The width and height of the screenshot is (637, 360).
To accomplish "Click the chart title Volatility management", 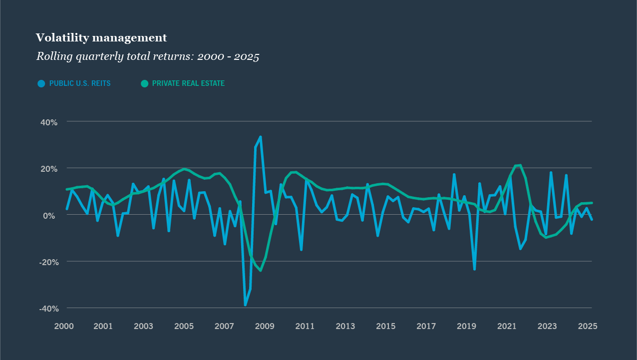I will coord(101,38).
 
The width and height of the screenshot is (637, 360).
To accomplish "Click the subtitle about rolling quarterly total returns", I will coord(147,56).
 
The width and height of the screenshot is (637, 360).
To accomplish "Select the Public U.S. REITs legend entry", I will coord(79,83).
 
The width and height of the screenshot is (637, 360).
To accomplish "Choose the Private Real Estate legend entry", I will coord(188,83).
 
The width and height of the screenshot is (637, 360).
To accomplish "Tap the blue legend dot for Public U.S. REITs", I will coord(41,83).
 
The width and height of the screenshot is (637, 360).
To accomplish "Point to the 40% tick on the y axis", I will coord(48,122).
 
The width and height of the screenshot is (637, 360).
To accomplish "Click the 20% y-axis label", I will coord(48,169).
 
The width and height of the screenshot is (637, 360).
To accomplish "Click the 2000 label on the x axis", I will coord(63,327).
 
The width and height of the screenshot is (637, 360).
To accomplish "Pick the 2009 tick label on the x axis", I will coord(265,327).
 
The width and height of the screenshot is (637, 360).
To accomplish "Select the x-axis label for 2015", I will coord(386,327).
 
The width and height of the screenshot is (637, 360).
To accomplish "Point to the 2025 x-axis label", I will coord(588,327).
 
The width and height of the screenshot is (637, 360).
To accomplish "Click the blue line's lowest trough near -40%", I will coord(245,305).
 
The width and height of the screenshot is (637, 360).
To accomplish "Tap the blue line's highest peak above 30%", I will coord(261,137).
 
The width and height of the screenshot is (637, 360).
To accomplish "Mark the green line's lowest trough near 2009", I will coord(261,271).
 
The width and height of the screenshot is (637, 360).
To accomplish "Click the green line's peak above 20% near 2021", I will coord(520,165).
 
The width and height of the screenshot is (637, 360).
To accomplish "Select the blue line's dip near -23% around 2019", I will coord(474,269).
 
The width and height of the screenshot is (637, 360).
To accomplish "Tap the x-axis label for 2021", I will coord(507,327).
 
